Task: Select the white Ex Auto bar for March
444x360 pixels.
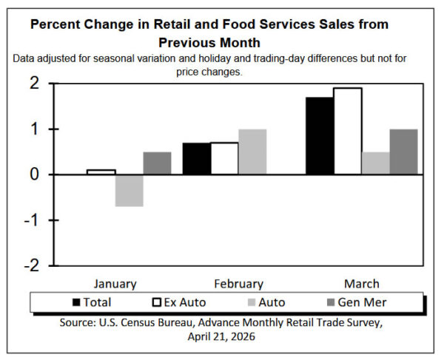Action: [x=347, y=132]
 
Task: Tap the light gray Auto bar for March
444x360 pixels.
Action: [x=375, y=163]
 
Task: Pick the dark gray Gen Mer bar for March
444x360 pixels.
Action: [x=403, y=152]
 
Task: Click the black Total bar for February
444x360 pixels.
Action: [x=196, y=159]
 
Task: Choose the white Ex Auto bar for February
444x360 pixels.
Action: [x=224, y=159]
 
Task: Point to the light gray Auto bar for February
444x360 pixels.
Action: [x=252, y=152]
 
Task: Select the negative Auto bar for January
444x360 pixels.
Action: [x=129, y=190]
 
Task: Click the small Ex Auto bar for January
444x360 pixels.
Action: [x=101, y=172]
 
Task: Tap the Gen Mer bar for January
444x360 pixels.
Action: [x=157, y=163]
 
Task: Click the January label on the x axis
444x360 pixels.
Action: [x=115, y=284]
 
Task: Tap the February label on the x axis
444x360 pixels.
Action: [x=238, y=284]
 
